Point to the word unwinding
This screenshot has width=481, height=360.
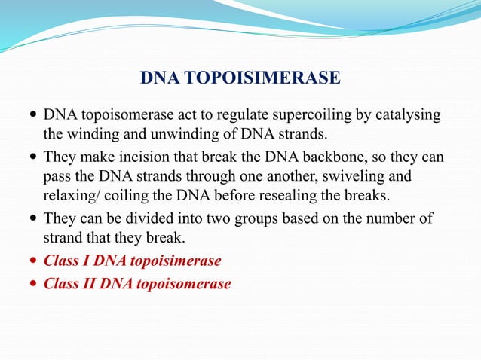[x=191, y=135]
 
